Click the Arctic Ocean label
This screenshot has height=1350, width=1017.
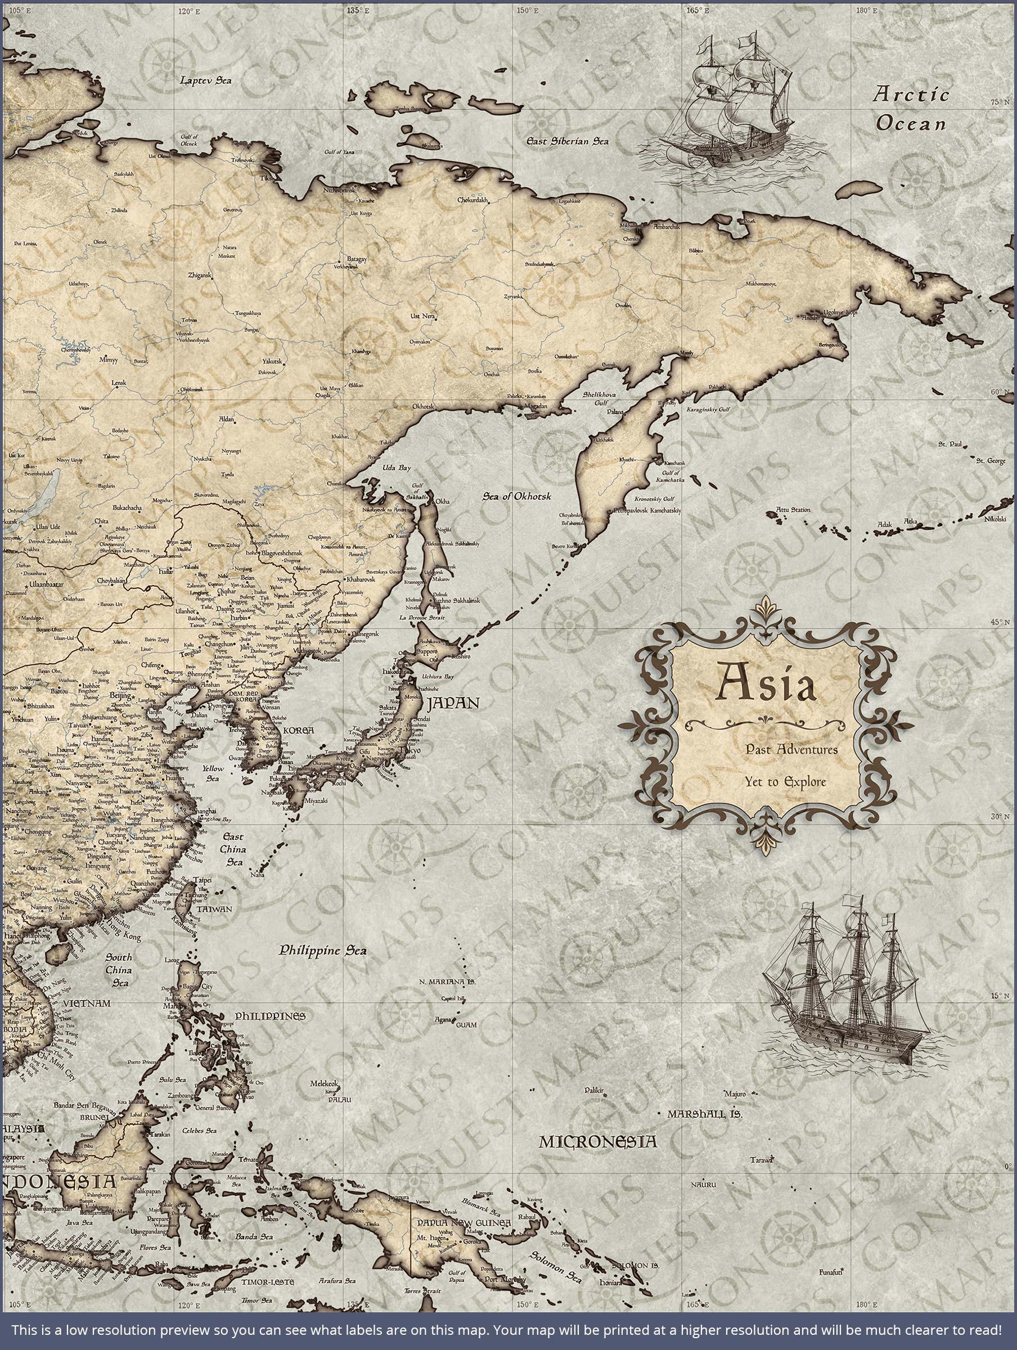coord(911,109)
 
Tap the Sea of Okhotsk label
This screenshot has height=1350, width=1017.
coord(516,496)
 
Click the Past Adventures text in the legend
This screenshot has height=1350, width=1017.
coord(790,749)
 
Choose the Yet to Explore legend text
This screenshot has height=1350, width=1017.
coord(785,782)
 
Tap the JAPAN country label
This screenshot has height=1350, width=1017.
coord(453,703)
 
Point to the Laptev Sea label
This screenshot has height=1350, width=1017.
coord(206,80)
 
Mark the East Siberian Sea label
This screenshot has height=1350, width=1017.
coord(568,141)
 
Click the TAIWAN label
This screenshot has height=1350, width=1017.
coord(214,909)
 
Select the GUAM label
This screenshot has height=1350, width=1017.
coord(466,1025)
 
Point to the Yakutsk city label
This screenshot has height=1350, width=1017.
coord(272,361)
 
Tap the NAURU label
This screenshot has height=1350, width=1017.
coord(703,1185)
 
